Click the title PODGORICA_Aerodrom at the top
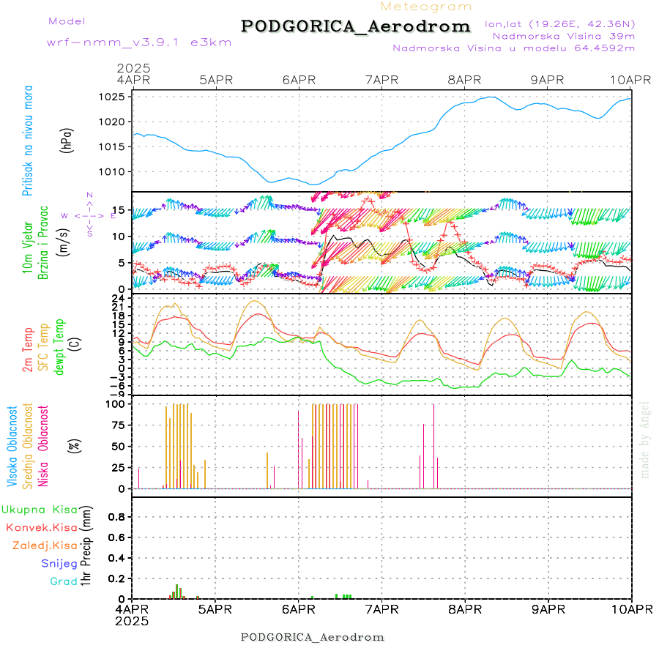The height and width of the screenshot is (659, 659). point(355,26)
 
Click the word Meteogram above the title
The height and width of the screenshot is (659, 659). point(426,7)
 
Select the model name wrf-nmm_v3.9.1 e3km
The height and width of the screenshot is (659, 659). point(119,42)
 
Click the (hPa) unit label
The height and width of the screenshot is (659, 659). point(67,140)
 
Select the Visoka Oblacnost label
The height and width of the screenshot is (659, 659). point(12,446)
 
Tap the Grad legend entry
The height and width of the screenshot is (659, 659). point(64,581)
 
